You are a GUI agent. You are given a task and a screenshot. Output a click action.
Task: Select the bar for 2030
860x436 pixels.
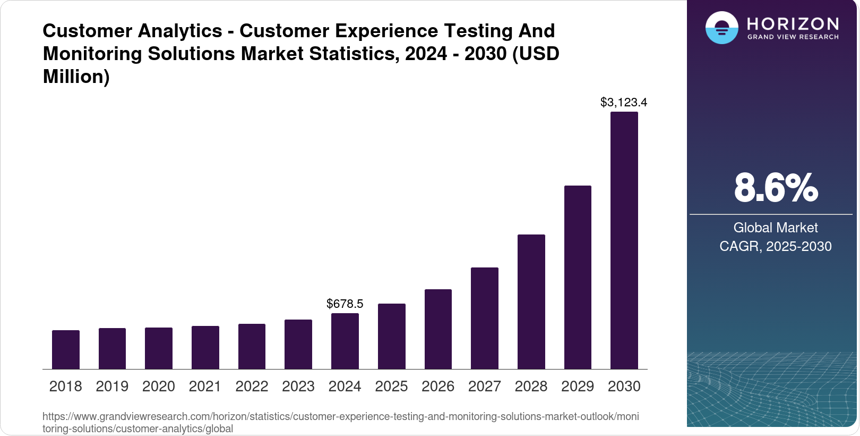click(624, 240)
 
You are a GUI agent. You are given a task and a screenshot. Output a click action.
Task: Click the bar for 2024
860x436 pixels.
click(345, 341)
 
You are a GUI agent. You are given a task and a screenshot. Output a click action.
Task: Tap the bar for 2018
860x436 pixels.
click(65, 349)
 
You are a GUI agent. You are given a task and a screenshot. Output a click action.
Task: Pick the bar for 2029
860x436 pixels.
click(578, 277)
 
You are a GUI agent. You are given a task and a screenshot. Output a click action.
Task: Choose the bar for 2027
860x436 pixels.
click(484, 318)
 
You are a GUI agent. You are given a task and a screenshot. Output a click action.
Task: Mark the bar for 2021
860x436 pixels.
click(205, 347)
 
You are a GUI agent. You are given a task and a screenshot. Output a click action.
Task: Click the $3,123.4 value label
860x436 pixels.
click(623, 102)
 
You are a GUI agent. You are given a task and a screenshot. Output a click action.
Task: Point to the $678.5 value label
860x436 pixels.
click(345, 304)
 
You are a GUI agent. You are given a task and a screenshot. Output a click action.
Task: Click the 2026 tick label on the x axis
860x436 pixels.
click(437, 386)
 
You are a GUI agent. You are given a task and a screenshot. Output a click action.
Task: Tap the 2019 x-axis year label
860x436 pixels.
click(112, 386)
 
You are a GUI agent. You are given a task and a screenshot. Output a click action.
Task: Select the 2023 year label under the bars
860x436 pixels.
click(298, 386)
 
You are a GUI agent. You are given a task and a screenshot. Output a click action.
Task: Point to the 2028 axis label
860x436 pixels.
click(531, 386)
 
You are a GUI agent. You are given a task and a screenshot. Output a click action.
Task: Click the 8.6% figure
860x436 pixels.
click(776, 188)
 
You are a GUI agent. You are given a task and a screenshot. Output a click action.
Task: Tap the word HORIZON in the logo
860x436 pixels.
click(793, 24)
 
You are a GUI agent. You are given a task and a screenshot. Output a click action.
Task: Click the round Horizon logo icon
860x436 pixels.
click(721, 28)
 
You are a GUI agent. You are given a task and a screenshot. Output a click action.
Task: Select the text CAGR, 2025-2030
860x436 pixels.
click(775, 246)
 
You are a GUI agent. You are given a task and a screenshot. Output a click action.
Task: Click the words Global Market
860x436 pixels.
click(775, 228)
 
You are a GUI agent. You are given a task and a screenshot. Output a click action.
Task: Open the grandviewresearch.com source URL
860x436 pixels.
click(340, 422)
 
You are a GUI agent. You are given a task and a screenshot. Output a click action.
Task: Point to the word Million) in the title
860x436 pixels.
click(76, 77)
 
